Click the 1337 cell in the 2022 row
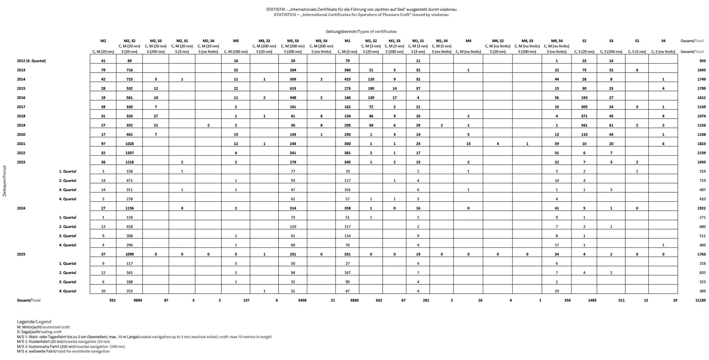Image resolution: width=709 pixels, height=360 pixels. point(129,153)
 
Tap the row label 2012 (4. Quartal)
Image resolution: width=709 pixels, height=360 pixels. point(31,61)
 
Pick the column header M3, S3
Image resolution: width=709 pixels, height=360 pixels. point(293,41)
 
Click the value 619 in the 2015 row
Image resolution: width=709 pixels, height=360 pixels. point(293,88)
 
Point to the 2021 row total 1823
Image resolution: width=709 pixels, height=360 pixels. point(701,144)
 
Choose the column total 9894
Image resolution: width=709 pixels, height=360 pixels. point(138,300)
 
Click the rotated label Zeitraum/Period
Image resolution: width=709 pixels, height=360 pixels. point(5,181)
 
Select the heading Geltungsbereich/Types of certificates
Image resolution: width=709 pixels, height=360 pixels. point(361,32)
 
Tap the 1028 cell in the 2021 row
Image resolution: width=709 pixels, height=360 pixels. point(129,144)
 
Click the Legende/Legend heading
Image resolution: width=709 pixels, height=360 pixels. point(34,322)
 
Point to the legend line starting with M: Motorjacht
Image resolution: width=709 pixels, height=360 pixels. point(43,327)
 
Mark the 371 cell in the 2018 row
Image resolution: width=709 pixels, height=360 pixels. point(584,116)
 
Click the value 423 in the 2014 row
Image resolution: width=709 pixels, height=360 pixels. point(347,79)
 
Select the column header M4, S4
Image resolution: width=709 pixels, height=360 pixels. point(556,41)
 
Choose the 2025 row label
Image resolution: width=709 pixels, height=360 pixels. point(21,254)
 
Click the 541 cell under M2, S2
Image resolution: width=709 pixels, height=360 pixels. point(129,273)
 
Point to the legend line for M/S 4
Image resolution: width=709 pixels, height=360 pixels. point(63,351)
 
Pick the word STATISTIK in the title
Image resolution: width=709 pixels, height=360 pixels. point(275,9)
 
